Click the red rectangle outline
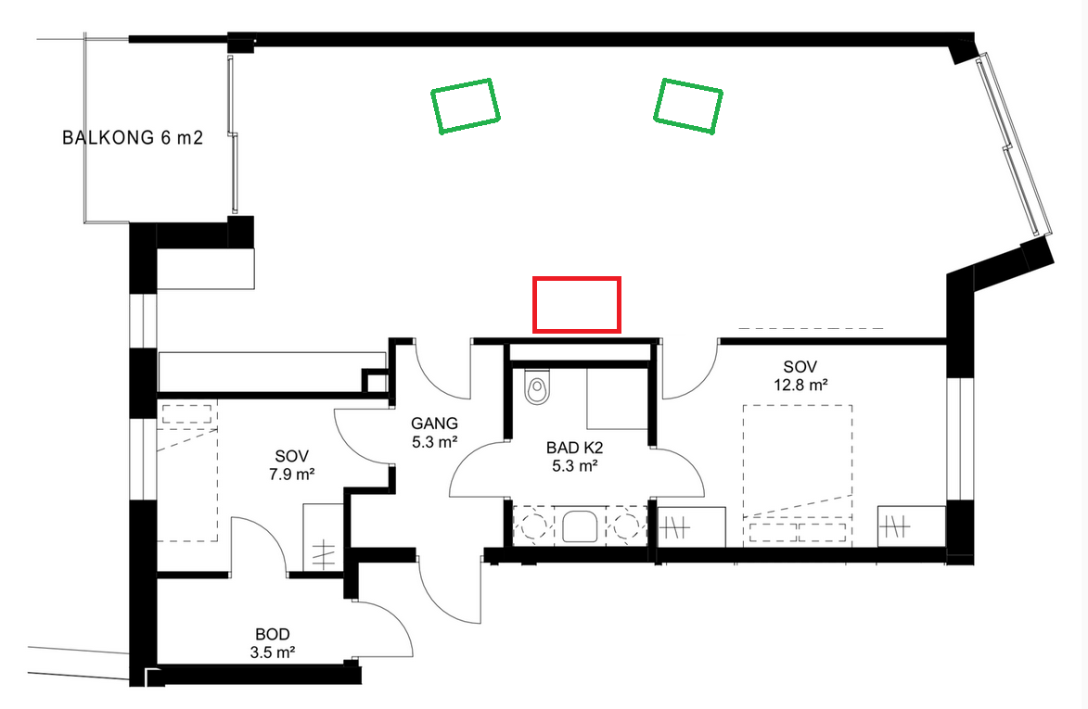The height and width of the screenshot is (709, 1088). [577, 279]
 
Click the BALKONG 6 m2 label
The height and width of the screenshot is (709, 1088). [133, 138]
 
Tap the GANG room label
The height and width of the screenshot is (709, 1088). [434, 423]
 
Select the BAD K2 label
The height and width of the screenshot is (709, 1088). [574, 449]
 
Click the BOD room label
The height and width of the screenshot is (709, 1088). [273, 634]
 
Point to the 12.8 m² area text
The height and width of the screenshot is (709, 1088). [800, 385]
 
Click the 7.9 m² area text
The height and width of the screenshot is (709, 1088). [291, 475]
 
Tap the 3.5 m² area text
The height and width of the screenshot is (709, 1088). [273, 652]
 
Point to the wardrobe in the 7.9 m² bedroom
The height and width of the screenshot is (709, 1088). [324, 538]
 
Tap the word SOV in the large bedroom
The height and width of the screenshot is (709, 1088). [800, 367]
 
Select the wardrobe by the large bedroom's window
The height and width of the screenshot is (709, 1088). [911, 527]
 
